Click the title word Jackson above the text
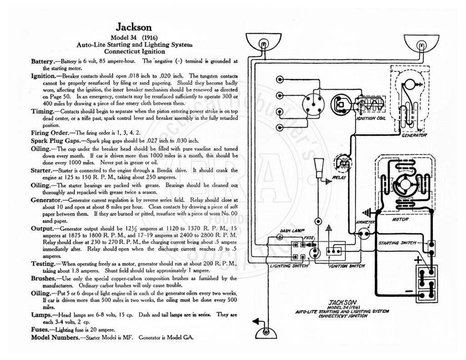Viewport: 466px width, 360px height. point(133,27)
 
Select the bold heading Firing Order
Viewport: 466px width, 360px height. point(50,133)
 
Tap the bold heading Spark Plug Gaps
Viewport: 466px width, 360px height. point(56,141)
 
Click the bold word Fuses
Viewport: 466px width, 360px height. point(40,330)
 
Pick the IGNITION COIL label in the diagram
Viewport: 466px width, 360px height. point(370,118)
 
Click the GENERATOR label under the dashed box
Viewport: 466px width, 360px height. point(414,135)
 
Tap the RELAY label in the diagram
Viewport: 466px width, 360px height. point(339,177)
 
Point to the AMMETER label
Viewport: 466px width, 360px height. point(365,222)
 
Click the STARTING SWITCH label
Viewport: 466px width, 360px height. point(397,243)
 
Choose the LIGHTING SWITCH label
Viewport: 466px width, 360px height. point(289,266)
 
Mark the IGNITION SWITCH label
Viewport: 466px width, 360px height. point(347,266)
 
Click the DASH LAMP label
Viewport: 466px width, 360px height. point(290,231)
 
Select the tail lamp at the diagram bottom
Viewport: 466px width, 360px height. point(266,332)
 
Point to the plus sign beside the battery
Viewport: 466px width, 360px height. point(418,260)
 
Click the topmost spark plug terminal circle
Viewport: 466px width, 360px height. point(280,79)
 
